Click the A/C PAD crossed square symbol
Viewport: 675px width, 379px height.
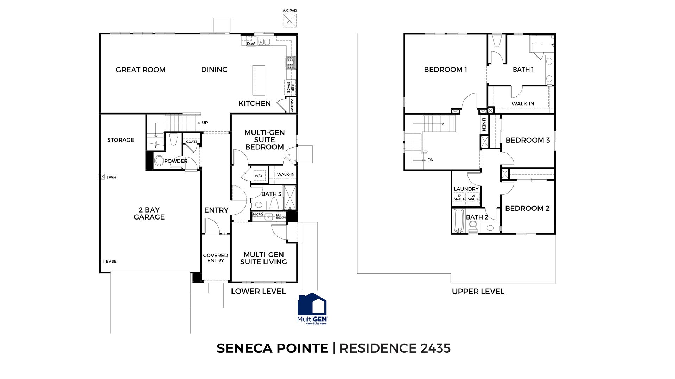tap(289, 21)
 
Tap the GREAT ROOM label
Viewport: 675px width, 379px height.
tap(140, 70)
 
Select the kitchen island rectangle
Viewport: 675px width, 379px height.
tap(259, 80)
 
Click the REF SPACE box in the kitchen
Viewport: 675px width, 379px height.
tap(290, 87)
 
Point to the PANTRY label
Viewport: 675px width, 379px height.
tap(291, 105)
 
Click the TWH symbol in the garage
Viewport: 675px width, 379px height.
tap(102, 177)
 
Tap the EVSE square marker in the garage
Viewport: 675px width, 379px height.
tap(102, 261)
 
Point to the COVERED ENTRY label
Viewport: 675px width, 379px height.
tap(216, 258)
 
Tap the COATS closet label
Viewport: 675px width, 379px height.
tap(192, 142)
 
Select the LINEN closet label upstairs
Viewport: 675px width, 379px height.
tap(484, 124)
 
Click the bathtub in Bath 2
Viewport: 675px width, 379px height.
tap(458, 221)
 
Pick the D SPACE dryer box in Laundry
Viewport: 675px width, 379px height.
tap(459, 198)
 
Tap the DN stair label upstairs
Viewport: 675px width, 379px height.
tap(430, 160)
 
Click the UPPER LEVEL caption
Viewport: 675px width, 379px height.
tap(478, 292)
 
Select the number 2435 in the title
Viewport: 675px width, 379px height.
tap(435, 348)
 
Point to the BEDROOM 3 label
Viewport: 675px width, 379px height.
tap(527, 140)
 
